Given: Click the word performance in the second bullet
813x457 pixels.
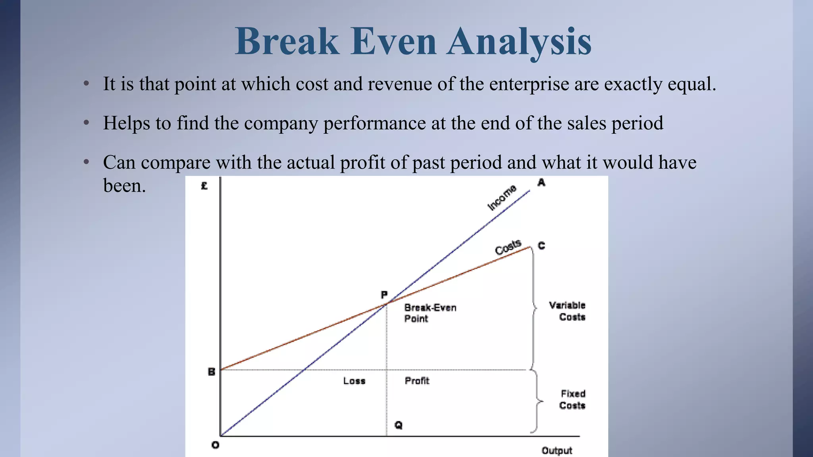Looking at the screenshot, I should click(374, 123).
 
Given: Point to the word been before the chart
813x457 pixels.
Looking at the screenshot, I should click(124, 186).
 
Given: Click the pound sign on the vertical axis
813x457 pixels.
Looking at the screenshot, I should click(204, 186).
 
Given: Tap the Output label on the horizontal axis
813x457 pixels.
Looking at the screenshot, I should click(557, 451).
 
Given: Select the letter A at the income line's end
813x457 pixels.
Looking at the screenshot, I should click(541, 182).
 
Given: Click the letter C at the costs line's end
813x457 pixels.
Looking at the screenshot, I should click(541, 246).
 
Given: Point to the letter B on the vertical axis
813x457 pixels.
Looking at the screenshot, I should click(212, 372).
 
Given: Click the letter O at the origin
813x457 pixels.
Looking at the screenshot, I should click(215, 445).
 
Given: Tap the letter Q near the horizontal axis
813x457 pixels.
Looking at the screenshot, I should click(398, 425).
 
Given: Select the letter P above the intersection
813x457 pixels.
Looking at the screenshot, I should click(384, 295).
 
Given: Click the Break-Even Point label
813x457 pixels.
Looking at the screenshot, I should click(430, 313).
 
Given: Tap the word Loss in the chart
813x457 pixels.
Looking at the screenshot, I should click(354, 381).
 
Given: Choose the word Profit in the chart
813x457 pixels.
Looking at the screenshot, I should click(417, 381).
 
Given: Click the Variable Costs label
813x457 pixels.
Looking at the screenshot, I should click(568, 311).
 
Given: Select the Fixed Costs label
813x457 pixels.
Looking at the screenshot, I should click(572, 399).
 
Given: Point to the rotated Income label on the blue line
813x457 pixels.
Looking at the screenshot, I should click(502, 197).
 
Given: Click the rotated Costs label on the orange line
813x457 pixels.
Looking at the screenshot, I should click(508, 247).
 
